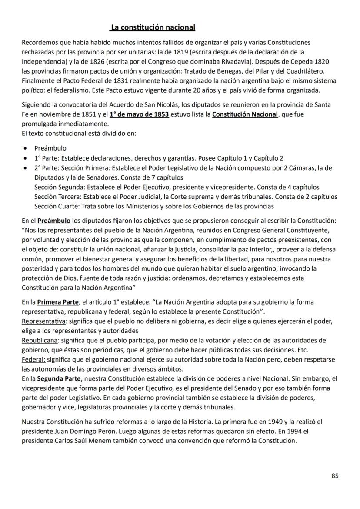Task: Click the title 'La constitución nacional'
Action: (153, 27)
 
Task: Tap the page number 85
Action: (335, 476)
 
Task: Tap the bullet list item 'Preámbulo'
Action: (50, 148)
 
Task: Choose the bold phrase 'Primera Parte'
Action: (58, 302)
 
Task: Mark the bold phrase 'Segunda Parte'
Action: (58, 378)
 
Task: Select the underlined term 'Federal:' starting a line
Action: (33, 359)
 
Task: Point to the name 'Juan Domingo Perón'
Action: (83, 431)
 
